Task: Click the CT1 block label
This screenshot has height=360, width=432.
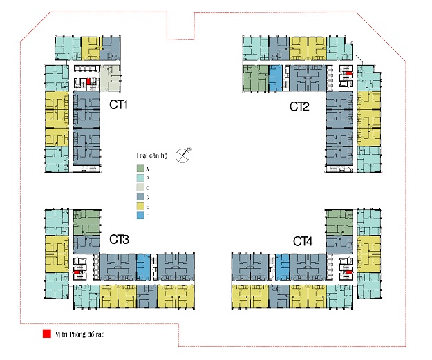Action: tap(120, 106)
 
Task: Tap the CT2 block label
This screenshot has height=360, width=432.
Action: tap(300, 106)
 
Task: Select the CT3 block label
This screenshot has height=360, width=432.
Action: tap(120, 240)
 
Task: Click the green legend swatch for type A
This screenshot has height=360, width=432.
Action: tap(140, 168)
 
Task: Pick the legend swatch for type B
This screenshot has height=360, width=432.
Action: tap(140, 178)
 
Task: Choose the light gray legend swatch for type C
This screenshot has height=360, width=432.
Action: tap(140, 187)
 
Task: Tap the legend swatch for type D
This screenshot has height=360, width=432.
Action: tap(140, 197)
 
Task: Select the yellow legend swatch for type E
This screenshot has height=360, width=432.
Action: tap(140, 206)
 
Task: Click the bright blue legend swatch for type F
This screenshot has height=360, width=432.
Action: tap(140, 216)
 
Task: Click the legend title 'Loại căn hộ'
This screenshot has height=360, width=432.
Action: tap(151, 156)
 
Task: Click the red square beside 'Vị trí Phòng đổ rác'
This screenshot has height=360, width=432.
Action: tap(46, 334)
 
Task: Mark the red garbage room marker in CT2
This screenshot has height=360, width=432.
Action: tap(350, 73)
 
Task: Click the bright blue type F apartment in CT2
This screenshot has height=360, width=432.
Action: tap(276, 77)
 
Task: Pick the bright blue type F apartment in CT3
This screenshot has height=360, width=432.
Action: tap(143, 267)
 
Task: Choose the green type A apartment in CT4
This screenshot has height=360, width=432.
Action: tap(339, 222)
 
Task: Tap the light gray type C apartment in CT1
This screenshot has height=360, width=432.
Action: tap(110, 78)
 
